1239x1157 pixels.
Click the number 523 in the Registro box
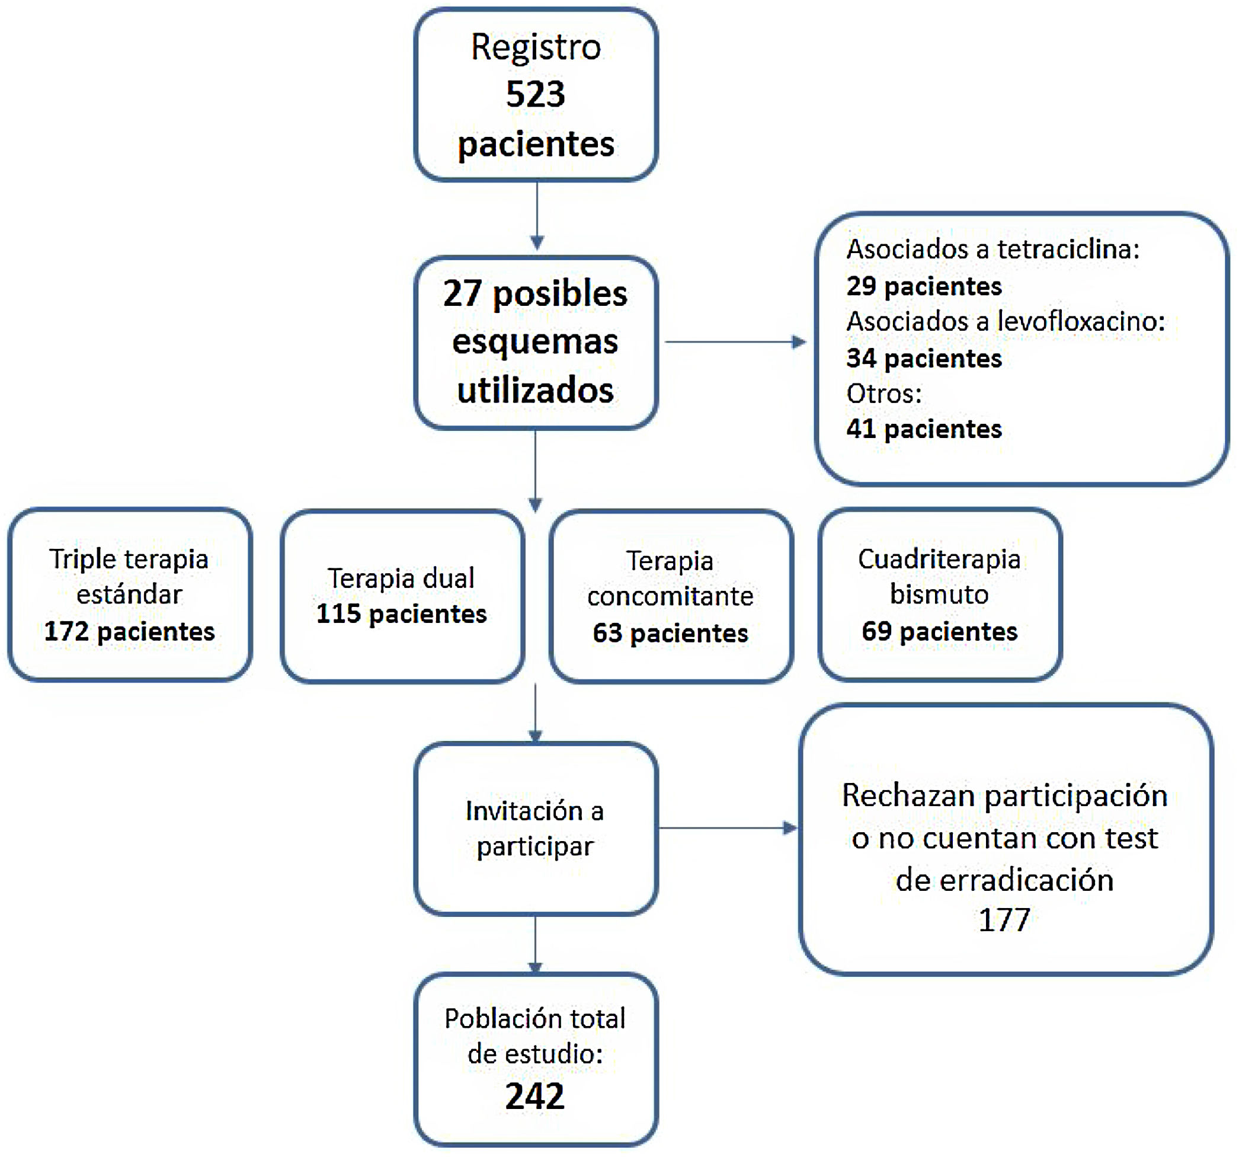(x=536, y=95)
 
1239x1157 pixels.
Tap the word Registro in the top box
(x=536, y=47)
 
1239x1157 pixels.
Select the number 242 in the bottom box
(x=534, y=1097)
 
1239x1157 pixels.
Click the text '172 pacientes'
(x=130, y=631)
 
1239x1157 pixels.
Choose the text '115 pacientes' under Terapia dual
(x=401, y=614)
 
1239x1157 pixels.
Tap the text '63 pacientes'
(x=670, y=634)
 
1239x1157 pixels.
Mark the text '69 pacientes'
(x=939, y=631)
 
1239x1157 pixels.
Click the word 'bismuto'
(x=939, y=594)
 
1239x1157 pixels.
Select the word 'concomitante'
(x=670, y=596)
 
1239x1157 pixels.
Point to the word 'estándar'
(x=130, y=594)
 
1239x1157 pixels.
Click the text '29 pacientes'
(x=924, y=286)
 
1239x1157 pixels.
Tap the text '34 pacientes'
(x=924, y=359)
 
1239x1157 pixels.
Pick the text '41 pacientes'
(x=924, y=429)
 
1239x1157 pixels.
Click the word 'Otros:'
(x=883, y=394)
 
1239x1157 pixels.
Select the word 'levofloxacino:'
(x=1081, y=322)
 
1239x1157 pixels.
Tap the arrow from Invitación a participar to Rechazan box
(x=727, y=828)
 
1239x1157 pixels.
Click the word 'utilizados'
(x=536, y=391)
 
